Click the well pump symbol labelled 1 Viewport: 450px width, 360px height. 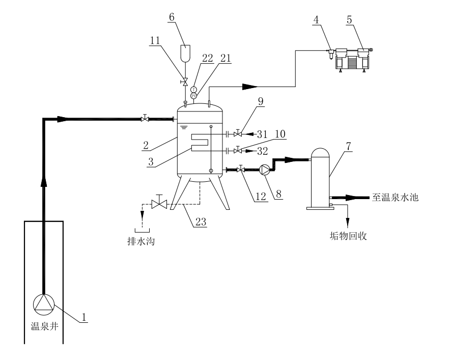43,303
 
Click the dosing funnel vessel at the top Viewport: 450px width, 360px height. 186,52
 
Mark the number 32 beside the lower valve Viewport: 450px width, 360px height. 263,151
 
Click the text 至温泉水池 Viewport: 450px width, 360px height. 395,197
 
